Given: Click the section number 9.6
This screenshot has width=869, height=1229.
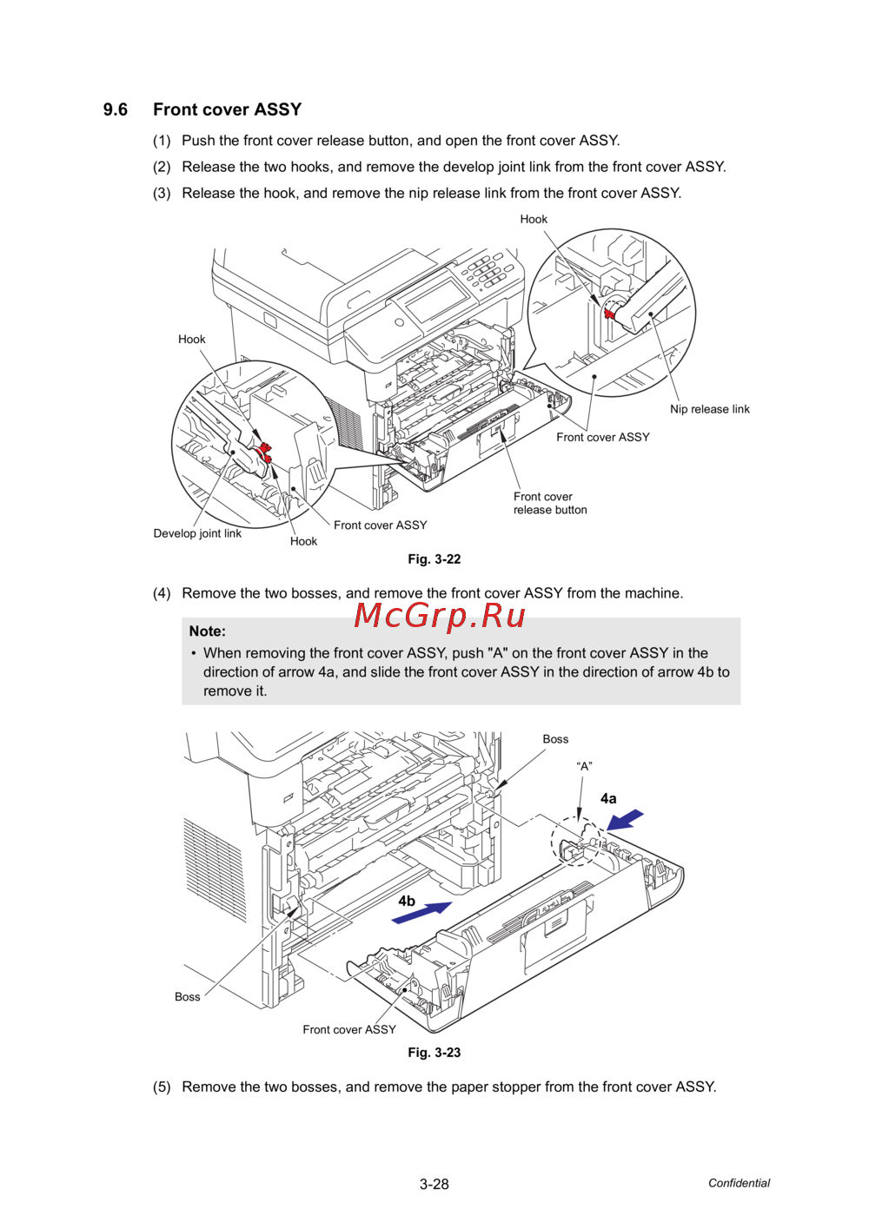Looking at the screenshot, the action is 116,109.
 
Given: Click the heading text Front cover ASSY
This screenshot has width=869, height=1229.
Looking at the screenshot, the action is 228,109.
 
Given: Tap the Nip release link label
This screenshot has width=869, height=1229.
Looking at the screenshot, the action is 709,409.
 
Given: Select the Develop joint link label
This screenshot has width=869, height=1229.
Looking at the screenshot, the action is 197,534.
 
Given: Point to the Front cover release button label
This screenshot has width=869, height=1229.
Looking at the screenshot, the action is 550,503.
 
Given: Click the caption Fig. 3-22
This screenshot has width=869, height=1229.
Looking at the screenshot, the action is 434,559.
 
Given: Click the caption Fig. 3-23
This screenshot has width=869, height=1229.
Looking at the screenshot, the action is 434,1053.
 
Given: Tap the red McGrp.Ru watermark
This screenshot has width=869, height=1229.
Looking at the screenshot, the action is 440,616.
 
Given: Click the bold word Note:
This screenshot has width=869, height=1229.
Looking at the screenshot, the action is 208,631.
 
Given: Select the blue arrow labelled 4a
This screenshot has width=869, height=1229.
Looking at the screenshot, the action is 625,820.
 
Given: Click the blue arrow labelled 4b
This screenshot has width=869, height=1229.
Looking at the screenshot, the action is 421,913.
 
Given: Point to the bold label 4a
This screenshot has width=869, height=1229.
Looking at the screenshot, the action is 608,799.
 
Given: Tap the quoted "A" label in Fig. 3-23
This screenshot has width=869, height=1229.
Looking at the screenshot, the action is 584,766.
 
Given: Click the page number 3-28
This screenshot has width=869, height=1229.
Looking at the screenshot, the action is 434,1185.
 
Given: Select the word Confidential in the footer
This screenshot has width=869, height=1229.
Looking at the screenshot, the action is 739,1184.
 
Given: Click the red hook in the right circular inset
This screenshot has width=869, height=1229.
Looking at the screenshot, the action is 608,314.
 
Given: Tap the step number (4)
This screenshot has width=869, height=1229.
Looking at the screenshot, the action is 162,593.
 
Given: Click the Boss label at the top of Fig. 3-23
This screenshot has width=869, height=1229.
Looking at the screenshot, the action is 555,740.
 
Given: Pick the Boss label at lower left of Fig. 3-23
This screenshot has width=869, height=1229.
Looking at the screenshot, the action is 187,997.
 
